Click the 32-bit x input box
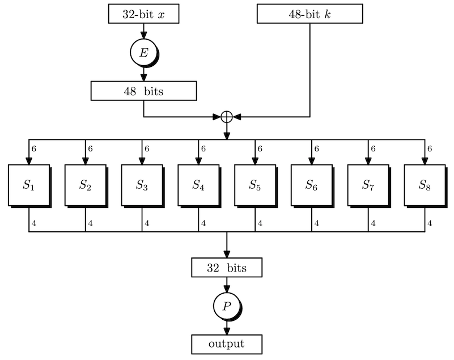pyautogui.click(x=143, y=14)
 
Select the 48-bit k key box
pyautogui.click(x=309, y=14)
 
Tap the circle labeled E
pyautogui.click(x=143, y=53)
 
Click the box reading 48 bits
pyautogui.click(x=143, y=90)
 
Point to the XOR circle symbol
pyautogui.click(x=227, y=117)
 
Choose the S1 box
pyautogui.click(x=29, y=185)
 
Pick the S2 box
pyautogui.click(x=86, y=185)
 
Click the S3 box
pyautogui.click(x=142, y=185)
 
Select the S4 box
pyautogui.click(x=199, y=185)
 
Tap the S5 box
pyautogui.click(x=256, y=185)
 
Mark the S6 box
pyautogui.click(x=311, y=185)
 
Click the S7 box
pyautogui.click(x=368, y=185)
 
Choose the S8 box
pyautogui.click(x=425, y=185)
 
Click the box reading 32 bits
pyautogui.click(x=227, y=267)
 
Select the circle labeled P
pyautogui.click(x=227, y=306)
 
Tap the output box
pyautogui.click(x=227, y=344)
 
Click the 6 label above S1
pyautogui.click(x=34, y=149)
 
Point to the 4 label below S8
pyautogui.click(x=430, y=223)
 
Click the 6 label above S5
pyautogui.click(x=260, y=149)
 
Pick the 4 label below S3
pyautogui.click(x=147, y=223)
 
